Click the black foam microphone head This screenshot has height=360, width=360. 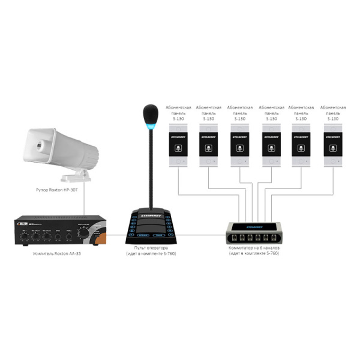point(150,112)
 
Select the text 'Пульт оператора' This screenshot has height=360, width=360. point(149,248)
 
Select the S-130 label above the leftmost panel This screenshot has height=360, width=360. point(178,119)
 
